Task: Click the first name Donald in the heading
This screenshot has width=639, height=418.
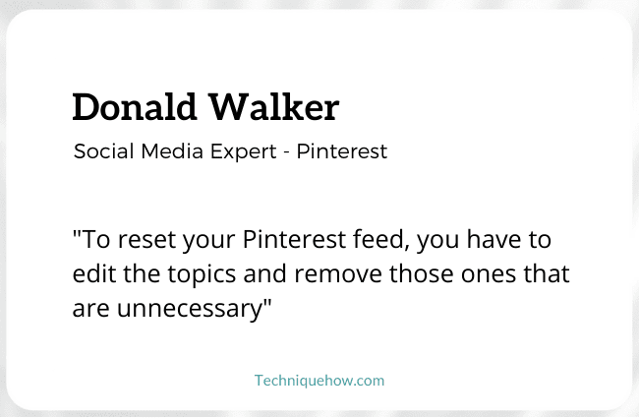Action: pos(135,107)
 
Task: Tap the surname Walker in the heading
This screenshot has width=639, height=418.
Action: pos(273,107)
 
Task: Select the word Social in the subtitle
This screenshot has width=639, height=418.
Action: pos(104,151)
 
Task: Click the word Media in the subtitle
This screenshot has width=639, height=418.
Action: pos(172,151)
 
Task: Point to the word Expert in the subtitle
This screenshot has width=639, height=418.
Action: pos(243,152)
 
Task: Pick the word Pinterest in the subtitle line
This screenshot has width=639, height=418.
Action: pos(341,151)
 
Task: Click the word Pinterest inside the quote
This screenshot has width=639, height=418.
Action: pos(294,239)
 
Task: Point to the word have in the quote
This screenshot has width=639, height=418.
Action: pos(494,239)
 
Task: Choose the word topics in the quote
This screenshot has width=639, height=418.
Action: pos(202,274)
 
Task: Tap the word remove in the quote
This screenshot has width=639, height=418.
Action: pos(338,274)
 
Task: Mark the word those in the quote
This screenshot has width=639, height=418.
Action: pos(422,273)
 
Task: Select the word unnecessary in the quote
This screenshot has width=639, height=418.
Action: pos(190,309)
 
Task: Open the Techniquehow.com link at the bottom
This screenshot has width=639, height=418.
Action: pos(319,381)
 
